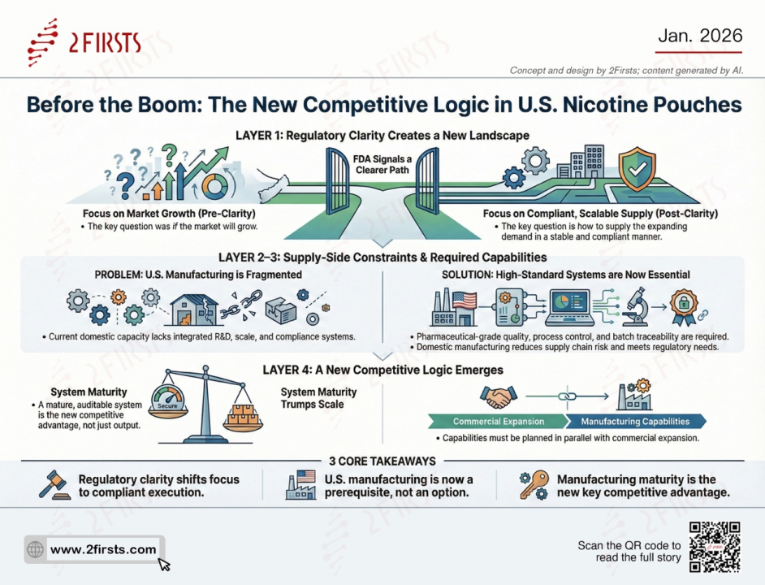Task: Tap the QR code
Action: click(714, 547)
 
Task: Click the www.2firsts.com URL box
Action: click(95, 549)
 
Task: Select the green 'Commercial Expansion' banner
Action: click(487, 422)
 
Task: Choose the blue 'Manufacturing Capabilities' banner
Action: click(635, 422)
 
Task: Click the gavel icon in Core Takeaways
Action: click(52, 486)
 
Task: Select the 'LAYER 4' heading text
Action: click(382, 370)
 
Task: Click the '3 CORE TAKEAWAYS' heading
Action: click(382, 461)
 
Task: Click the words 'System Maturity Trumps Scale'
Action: click(313, 398)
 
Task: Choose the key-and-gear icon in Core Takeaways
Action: click(533, 486)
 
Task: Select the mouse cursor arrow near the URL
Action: click(164, 564)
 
